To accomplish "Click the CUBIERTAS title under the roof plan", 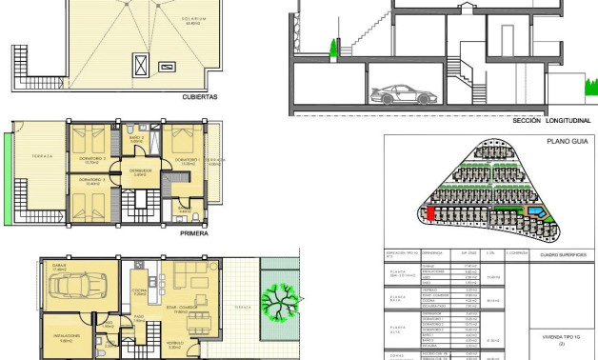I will [201, 96].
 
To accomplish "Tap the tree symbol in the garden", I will [282, 306].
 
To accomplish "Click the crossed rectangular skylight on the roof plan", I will [142, 66].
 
